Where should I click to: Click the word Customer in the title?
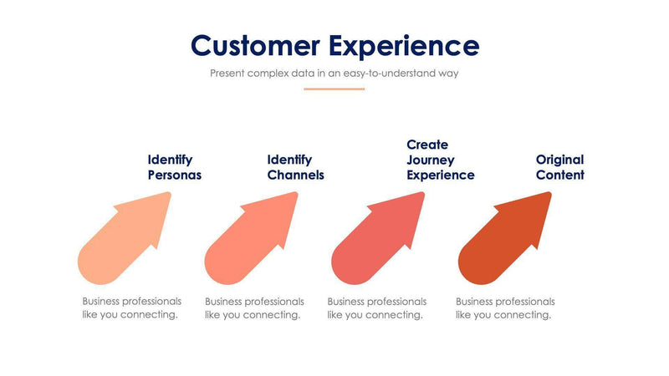(254, 45)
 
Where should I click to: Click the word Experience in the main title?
(404, 45)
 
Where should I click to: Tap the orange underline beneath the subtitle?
(334, 89)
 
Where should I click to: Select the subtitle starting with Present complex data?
(334, 73)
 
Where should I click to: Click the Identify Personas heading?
(174, 167)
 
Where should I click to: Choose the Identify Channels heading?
(295, 167)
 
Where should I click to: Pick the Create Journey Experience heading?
(440, 160)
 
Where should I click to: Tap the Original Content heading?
(559, 167)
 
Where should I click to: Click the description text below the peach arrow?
(131, 307)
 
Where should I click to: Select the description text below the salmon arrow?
(254, 307)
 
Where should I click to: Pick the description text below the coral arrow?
(376, 307)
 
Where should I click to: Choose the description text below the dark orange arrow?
(505, 307)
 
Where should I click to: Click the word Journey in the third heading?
(431, 160)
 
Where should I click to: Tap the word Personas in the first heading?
(174, 175)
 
